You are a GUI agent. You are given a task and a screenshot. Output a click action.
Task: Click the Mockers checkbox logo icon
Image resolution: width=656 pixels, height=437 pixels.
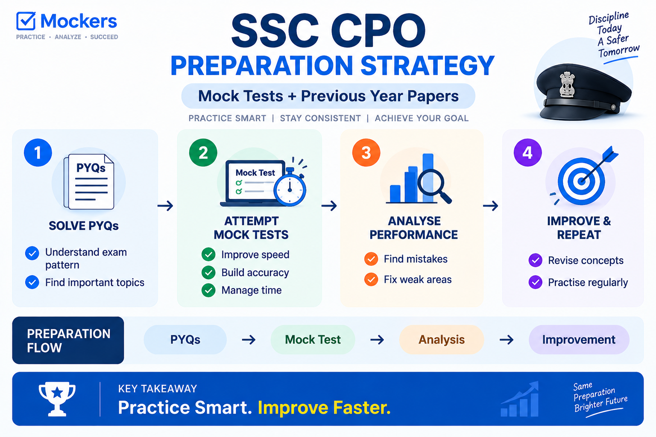click(26, 21)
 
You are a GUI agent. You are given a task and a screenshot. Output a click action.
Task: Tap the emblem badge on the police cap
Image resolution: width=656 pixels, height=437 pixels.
click(567, 84)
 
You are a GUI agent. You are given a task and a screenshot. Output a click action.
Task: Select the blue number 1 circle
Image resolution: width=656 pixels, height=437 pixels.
click(38, 152)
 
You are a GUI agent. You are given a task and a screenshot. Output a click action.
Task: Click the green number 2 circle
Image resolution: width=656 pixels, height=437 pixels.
click(203, 152)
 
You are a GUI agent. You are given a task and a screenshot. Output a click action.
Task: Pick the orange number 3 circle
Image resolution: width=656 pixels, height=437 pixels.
click(366, 152)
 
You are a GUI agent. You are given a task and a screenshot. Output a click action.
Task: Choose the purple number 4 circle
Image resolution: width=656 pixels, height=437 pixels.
click(528, 152)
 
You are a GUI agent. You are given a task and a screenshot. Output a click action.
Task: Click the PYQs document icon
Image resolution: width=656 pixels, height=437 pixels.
click(89, 181)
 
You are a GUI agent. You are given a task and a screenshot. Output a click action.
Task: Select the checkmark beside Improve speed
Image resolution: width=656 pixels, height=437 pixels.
click(208, 254)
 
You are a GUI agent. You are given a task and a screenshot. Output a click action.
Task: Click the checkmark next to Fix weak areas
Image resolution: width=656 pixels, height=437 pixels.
click(371, 280)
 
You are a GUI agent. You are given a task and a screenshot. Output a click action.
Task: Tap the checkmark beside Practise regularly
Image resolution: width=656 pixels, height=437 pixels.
click(536, 283)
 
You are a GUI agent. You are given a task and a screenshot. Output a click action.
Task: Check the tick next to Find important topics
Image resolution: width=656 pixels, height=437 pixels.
click(32, 283)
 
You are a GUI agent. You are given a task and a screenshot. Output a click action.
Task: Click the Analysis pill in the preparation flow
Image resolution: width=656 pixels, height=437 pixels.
click(442, 340)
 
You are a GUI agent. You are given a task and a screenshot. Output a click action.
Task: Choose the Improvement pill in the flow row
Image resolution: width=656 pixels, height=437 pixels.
click(579, 340)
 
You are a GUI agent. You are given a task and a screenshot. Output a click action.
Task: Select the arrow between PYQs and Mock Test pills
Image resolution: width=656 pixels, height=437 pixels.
click(249, 340)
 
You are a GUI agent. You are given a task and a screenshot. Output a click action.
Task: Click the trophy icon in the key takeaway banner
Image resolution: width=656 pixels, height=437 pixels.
click(57, 399)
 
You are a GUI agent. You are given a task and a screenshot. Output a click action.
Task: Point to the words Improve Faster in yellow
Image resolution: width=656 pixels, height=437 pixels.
click(324, 408)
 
